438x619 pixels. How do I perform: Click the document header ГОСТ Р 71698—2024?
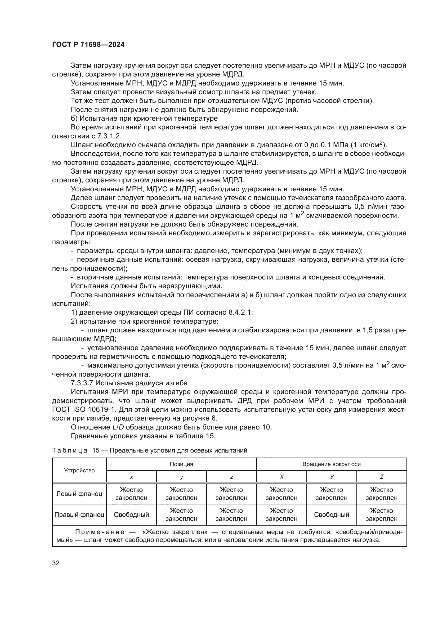tap(88, 45)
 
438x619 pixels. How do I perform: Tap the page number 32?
tap(56, 563)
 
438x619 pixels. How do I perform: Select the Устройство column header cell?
tap(79, 471)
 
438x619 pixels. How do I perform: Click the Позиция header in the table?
tap(181, 464)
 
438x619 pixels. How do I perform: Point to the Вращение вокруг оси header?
tap(331, 464)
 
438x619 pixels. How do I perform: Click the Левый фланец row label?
tap(79, 494)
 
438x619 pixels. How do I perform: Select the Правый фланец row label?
tap(79, 515)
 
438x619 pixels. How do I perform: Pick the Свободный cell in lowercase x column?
tap(131, 515)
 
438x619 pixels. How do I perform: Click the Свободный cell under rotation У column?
tap(331, 515)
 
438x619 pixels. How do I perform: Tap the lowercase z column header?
tap(231, 477)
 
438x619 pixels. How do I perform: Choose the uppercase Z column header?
tap(381, 477)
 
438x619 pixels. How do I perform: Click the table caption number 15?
tap(96, 450)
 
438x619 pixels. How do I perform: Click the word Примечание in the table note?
tap(100, 532)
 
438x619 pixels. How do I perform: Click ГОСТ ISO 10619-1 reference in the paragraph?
tap(83, 409)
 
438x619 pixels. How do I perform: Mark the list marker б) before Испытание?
tap(74, 118)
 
